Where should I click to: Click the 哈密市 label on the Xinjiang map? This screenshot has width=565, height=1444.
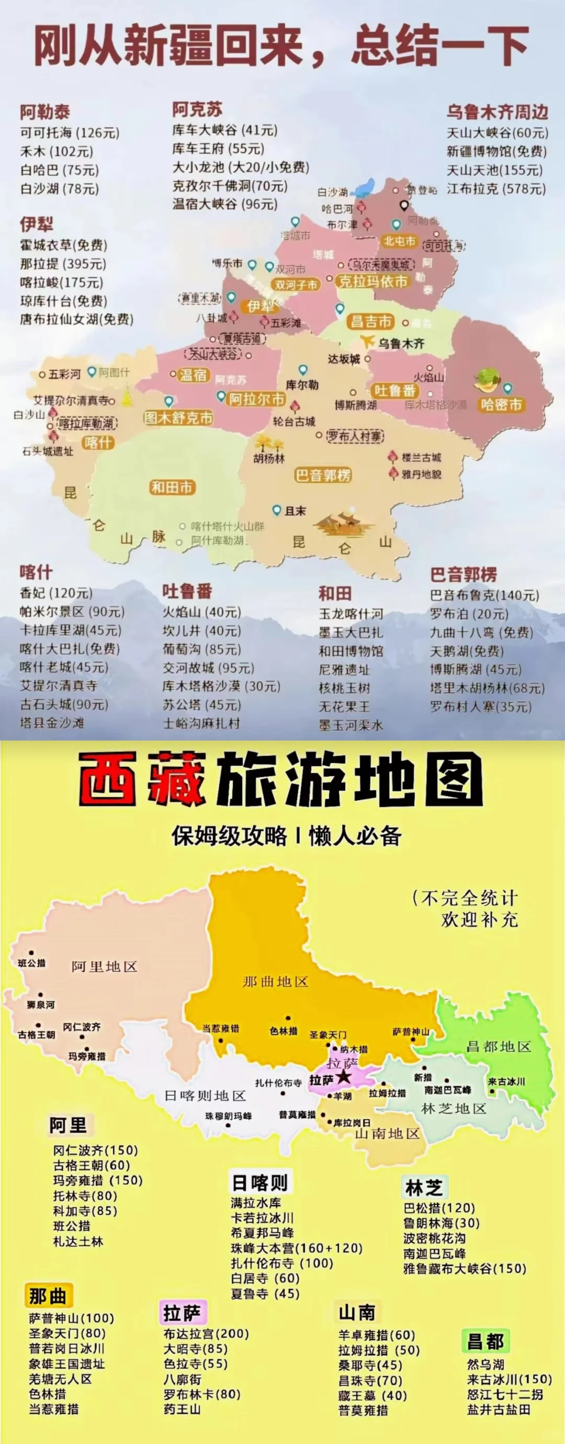coord(501,405)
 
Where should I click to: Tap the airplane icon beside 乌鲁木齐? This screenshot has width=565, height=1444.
coord(367,341)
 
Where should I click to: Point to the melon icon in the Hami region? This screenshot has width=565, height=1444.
coord(485,381)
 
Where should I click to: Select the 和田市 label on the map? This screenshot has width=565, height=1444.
coord(172,487)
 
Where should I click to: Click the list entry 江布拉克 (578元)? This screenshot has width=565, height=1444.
coord(496,189)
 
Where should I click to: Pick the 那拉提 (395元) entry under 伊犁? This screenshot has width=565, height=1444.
coord(63,264)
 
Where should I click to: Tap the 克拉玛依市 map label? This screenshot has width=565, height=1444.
coord(372,281)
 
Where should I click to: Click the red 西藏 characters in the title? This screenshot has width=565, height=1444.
coord(142,779)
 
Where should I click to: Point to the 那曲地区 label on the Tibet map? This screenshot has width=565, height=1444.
coord(275,982)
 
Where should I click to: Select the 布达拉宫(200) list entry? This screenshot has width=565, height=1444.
coord(206,1334)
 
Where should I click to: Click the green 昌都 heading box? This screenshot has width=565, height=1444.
coord(485,1341)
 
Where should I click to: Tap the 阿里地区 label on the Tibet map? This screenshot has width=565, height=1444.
coord(104,967)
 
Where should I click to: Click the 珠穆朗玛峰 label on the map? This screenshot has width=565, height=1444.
coord(228,1116)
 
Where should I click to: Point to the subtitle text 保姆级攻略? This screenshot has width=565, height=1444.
coord(229,836)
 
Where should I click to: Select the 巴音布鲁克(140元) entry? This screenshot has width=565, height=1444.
coord(484,595)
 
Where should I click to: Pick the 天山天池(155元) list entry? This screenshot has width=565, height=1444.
coord(494,170)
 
